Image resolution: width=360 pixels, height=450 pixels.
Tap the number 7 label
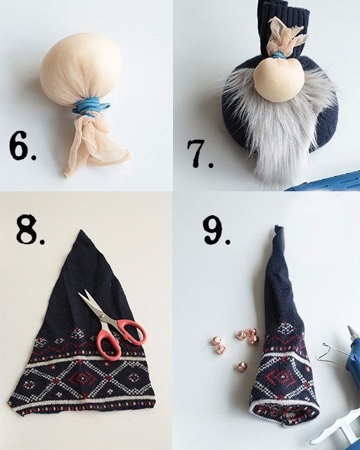pyautogui.click(x=200, y=153)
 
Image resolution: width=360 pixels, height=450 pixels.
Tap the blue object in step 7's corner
pyautogui.click(x=324, y=181)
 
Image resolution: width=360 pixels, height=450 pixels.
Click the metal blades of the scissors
pyautogui.click(x=95, y=306)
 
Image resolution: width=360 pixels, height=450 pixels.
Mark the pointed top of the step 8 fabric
pyautogui.click(x=82, y=231)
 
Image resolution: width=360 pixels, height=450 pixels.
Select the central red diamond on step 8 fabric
pyautogui.click(x=83, y=378)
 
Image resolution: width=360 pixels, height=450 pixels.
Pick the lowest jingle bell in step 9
pyautogui.click(x=242, y=366)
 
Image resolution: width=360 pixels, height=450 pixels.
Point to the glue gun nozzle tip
pyautogui.click(x=350, y=329)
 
